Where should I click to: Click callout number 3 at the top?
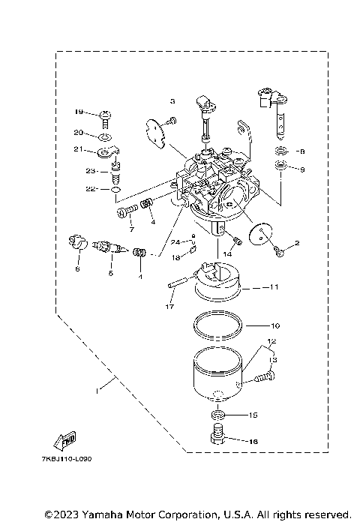[172, 100]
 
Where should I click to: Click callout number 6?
[76, 268]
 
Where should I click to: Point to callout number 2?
[296, 243]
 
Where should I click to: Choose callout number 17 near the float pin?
[169, 307]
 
